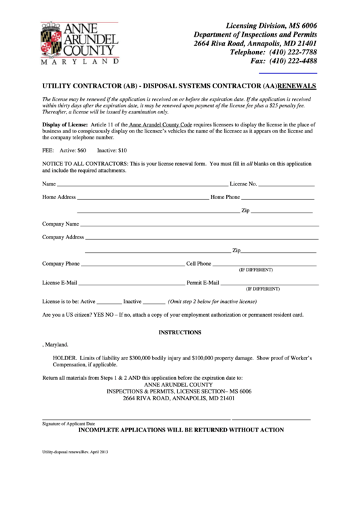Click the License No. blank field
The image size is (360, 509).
click(286, 185)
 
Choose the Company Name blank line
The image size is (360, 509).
click(200, 224)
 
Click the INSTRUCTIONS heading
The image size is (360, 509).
click(179, 332)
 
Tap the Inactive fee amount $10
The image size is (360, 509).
click(120, 150)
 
